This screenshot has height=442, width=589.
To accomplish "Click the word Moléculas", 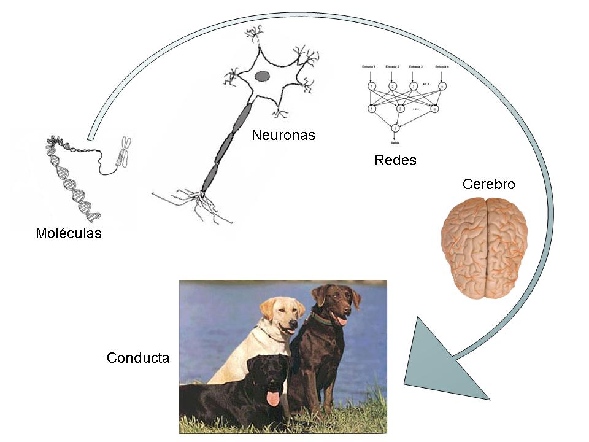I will (69, 234).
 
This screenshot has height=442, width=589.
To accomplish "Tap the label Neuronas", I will (283, 135).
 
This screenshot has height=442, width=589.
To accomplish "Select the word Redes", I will (395, 161).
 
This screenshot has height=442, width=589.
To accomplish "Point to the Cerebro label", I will (488, 184).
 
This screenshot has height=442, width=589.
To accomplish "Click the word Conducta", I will (137, 358).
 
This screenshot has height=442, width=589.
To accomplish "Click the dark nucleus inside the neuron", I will (262, 76).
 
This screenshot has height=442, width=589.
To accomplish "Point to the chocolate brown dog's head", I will (335, 303).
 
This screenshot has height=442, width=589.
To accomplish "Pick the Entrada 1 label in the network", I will (371, 66).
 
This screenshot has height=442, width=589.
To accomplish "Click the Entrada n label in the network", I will (442, 66).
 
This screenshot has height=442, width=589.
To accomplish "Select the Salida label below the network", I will (395, 142).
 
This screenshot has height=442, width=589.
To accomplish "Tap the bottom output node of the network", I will (396, 128).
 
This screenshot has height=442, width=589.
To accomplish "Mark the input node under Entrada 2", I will (393, 86).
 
